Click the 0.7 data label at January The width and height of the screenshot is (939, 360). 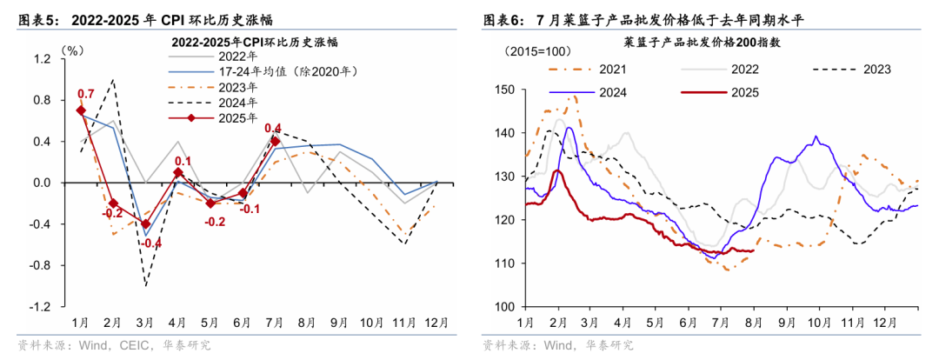point(86,94)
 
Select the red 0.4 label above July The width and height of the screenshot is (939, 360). point(272,128)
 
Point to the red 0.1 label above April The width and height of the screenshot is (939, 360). point(183,162)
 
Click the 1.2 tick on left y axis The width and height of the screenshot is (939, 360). point(43,58)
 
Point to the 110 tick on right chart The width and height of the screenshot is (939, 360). point(504,263)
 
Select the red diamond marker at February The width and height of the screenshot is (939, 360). point(113,203)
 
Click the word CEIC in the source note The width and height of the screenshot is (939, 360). point(130,345)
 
